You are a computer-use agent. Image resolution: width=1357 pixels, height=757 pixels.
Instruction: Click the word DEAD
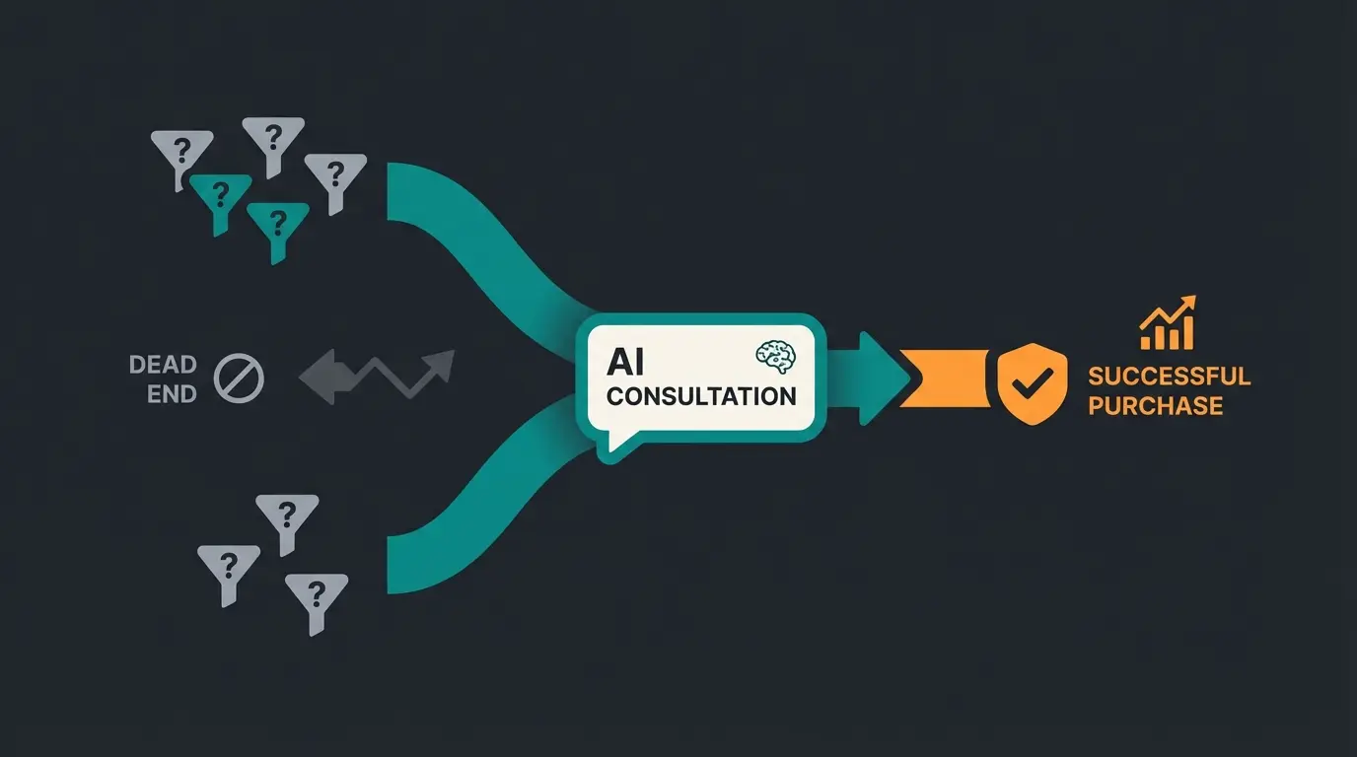163,365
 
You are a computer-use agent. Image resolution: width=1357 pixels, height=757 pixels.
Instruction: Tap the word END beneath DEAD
172,394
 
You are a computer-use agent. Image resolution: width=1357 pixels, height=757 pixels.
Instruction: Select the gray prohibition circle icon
239,379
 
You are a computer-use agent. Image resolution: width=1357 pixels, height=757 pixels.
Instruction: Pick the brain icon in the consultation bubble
774,357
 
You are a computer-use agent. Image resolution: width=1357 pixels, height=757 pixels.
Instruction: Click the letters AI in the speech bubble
625,362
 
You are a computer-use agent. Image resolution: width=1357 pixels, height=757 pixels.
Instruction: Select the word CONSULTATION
701,396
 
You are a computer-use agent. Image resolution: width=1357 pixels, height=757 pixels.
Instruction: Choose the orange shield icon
1033,382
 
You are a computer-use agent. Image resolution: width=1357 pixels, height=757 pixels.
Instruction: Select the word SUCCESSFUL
1169,376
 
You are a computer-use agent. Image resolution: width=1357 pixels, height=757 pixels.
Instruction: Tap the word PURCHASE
1156,405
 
